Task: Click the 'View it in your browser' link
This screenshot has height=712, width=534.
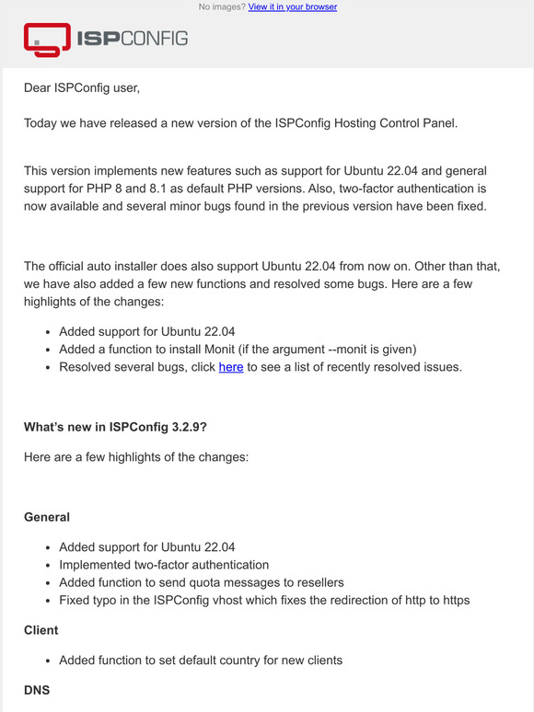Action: click(x=292, y=6)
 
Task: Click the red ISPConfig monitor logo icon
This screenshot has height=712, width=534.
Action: click(x=47, y=39)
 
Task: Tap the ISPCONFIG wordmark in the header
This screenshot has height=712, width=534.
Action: click(x=133, y=39)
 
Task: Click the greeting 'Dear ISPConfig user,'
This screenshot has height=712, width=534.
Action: click(x=82, y=88)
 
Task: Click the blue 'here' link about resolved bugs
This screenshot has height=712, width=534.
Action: click(x=230, y=367)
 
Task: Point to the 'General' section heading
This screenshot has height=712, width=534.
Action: click(x=47, y=517)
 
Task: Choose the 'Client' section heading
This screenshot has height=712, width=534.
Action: click(x=41, y=630)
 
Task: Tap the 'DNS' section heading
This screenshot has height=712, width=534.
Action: click(x=38, y=688)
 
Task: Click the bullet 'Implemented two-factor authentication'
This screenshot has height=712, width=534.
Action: click(x=164, y=565)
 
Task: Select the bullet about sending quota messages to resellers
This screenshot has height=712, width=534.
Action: click(x=202, y=582)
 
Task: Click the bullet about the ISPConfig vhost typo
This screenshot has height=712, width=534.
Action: click(x=264, y=601)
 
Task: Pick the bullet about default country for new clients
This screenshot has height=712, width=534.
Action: click(x=201, y=660)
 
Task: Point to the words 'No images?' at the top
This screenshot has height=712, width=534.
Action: click(x=221, y=6)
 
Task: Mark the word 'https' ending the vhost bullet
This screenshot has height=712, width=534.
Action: click(x=453, y=601)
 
